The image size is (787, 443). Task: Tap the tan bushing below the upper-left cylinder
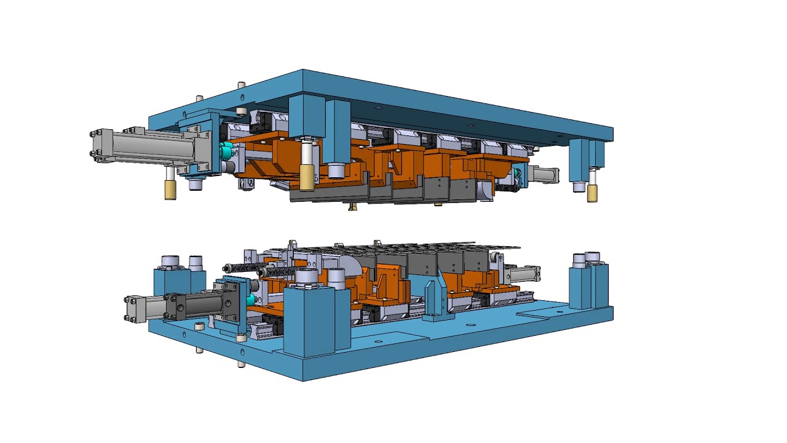tap(170, 190)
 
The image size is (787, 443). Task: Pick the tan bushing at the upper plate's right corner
tap(591, 193)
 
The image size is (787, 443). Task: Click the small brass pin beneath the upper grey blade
tap(352, 207)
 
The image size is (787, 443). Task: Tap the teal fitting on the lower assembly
tap(250, 300)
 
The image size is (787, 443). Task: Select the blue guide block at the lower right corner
tap(589, 286)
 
